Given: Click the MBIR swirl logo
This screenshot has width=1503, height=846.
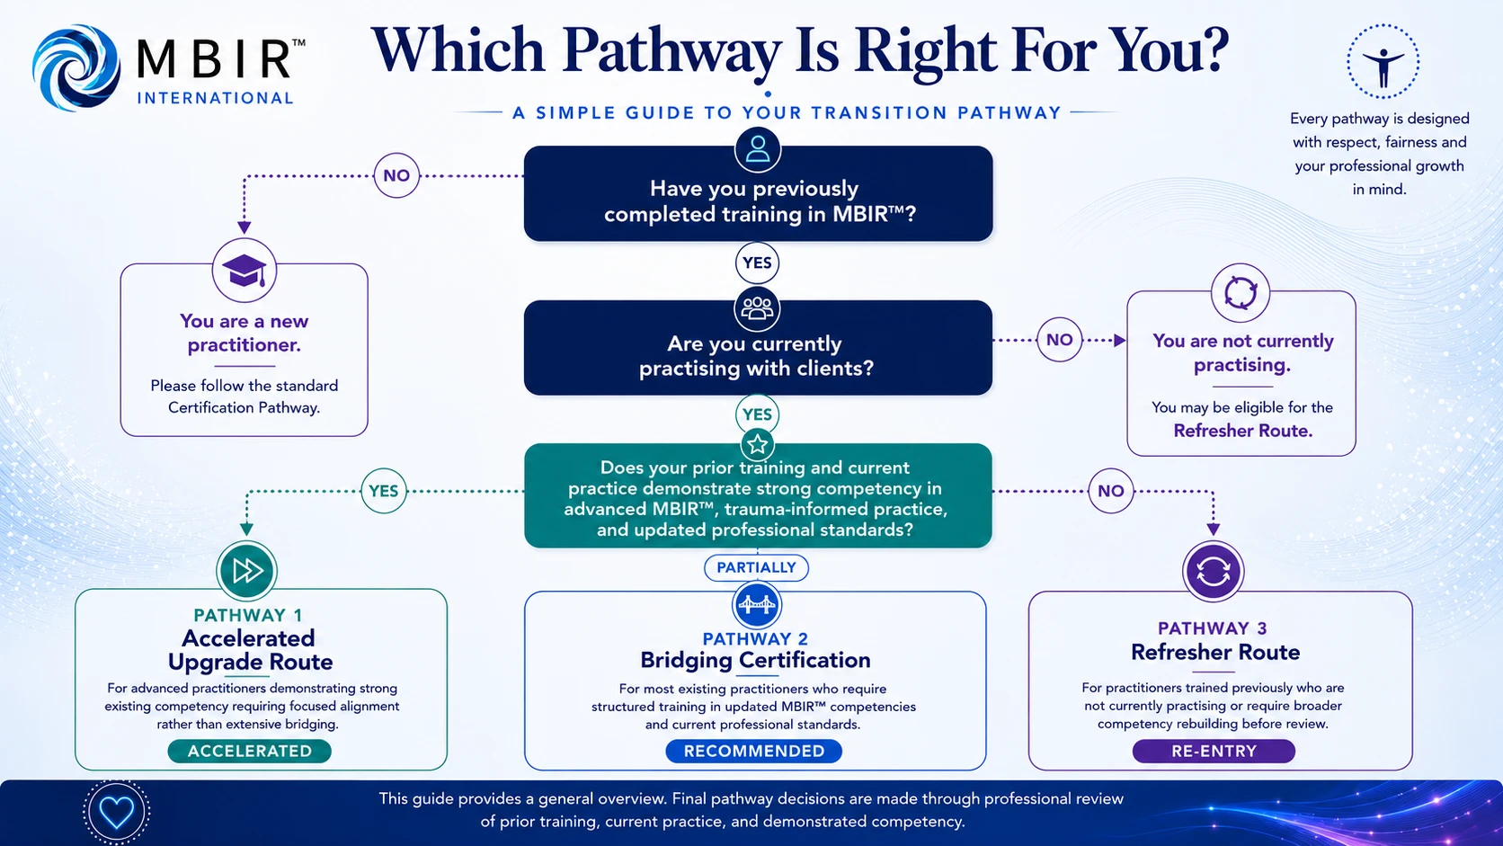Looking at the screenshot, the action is pos(76,67).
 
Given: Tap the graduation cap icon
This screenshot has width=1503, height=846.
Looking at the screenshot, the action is pos(245,271).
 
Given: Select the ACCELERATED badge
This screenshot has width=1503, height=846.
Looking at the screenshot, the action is pos(250,751).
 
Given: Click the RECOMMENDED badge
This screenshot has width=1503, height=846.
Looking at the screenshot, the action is pos(754,751).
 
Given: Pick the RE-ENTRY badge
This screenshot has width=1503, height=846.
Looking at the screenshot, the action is pos(1214,751).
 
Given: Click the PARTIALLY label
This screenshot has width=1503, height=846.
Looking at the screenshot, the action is pos(756,567).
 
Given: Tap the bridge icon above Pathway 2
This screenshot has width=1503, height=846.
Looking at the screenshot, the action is pos(756,605).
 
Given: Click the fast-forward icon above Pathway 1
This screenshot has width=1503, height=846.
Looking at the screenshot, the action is pos(247,571).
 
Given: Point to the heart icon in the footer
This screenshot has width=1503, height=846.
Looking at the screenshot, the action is pos(116,812).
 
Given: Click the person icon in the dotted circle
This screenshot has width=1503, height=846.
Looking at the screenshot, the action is pos(1383,62).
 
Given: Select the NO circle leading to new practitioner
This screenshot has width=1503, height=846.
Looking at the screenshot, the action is pos(396,176).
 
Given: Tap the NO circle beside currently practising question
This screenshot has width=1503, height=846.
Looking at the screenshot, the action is pos(1060,340).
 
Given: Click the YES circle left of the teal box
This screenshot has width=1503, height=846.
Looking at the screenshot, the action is pos(383,491).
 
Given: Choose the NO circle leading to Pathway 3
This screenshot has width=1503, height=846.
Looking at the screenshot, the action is pos(1110,491).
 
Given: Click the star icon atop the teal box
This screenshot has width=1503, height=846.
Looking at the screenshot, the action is pos(758,444).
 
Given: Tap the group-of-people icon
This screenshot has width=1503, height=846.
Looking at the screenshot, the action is pos(758,309).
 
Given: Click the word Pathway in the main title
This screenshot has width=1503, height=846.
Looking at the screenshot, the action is pos(671,52).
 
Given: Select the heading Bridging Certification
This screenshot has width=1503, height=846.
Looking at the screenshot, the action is pos(755,660).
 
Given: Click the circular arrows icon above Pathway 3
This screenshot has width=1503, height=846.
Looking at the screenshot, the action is pos(1214,572).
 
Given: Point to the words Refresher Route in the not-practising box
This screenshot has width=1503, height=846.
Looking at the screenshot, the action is pos(1242,431).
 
